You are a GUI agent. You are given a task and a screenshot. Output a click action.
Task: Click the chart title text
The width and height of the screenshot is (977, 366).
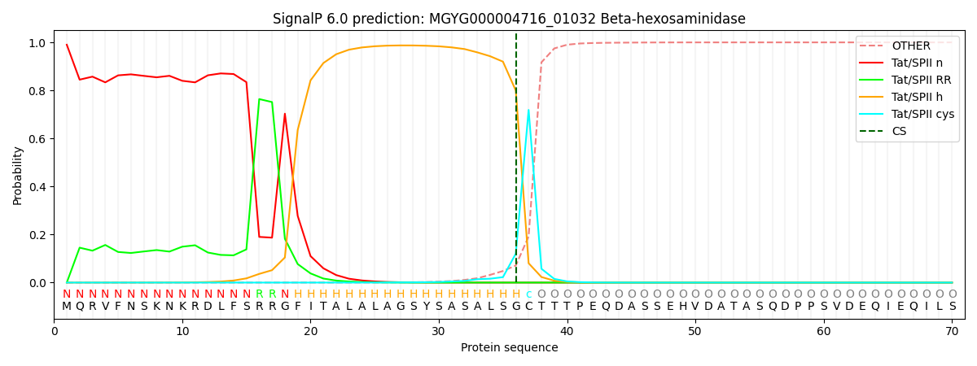click(509, 19)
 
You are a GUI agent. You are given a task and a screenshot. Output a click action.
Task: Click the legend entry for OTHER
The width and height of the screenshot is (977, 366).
click(910, 46)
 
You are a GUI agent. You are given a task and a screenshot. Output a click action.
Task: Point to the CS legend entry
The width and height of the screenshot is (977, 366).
click(899, 131)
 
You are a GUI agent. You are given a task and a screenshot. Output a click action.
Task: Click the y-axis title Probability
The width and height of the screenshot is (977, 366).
click(18, 175)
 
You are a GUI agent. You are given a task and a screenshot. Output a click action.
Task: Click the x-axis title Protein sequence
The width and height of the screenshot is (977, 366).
click(509, 347)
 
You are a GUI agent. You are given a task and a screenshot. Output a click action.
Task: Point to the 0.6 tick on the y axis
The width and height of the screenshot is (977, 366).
click(37, 139)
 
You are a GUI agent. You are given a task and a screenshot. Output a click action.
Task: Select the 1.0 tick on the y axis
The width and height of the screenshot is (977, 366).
click(37, 42)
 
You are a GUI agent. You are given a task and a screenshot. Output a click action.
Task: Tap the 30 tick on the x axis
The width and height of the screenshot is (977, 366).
click(439, 331)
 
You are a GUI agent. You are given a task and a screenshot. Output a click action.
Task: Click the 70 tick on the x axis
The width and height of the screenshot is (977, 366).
click(952, 331)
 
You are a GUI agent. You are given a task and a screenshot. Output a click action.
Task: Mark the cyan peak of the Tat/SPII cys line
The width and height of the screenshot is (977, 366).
click(528, 110)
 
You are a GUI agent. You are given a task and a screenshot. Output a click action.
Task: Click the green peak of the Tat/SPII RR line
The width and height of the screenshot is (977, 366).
click(259, 99)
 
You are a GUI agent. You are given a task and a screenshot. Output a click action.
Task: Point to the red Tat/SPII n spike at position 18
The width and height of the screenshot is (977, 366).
click(285, 114)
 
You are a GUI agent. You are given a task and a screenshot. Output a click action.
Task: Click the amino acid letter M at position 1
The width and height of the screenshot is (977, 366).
click(67, 307)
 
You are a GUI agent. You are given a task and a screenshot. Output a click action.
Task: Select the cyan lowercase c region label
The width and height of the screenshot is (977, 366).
click(528, 294)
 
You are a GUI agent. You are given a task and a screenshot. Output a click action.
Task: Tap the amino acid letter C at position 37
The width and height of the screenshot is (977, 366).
click(528, 307)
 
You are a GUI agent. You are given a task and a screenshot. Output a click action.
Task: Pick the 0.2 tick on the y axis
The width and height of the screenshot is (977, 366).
click(37, 235)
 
